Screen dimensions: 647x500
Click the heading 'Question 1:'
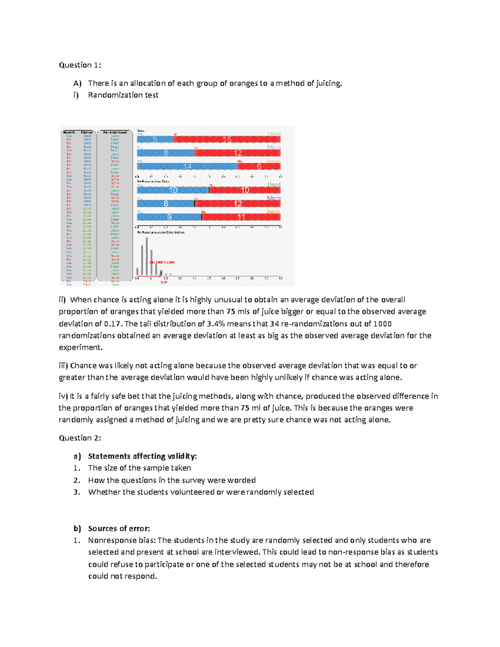80,65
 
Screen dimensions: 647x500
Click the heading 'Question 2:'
80,438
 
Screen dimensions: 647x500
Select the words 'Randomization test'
123,95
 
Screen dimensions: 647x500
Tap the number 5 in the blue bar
155,140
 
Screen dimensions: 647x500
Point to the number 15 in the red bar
227,140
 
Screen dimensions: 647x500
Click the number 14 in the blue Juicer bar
187,166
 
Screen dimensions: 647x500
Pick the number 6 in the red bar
259,166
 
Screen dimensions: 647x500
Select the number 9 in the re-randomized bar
169,217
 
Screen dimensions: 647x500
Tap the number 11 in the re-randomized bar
241,217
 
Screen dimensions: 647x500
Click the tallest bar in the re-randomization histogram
147,256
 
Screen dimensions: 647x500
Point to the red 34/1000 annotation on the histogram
162,262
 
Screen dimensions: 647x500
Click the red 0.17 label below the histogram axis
164,282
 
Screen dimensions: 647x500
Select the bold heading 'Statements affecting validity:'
142,456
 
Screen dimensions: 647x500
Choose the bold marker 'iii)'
63,366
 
